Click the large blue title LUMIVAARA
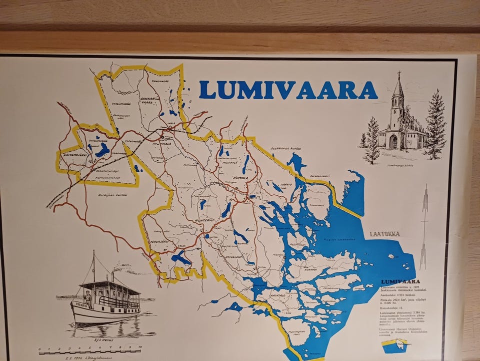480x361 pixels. tap(288, 89)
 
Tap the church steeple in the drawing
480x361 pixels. tap(398, 88)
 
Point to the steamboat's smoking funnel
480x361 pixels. tap(113, 275)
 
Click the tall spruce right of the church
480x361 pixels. tap(436, 125)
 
